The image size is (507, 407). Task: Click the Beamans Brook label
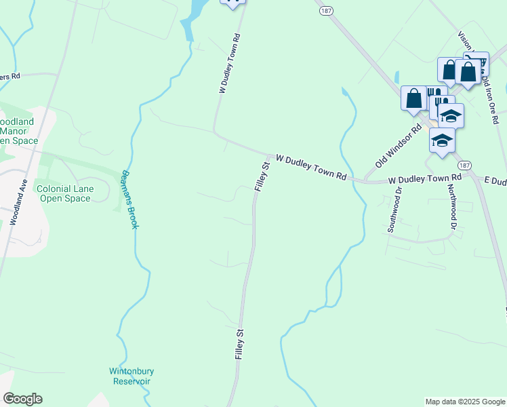coord(129,199)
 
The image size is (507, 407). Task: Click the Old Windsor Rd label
coord(399,147)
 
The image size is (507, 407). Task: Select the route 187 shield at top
coord(326,11)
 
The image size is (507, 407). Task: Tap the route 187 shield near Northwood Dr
coord(464,165)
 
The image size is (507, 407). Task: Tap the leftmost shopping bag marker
coord(413,98)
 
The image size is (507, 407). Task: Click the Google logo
coord(22,399)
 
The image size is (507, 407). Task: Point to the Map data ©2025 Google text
coord(465,402)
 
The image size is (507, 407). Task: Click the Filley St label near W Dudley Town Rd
coord(262,175)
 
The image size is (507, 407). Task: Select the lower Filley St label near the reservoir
coord(239,344)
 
